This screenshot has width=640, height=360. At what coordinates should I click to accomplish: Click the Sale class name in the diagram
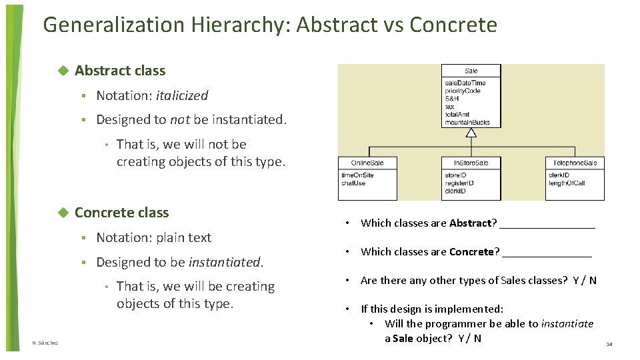(471, 71)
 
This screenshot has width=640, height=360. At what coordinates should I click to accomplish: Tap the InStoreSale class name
(471, 163)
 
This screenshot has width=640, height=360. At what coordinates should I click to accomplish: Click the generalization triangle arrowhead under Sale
(471, 132)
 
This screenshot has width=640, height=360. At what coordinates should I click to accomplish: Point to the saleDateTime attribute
(465, 83)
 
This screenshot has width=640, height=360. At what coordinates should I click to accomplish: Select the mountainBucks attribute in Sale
(467, 123)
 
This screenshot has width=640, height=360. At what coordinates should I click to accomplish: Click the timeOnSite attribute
(357, 175)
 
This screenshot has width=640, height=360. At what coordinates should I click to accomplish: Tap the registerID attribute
(459, 183)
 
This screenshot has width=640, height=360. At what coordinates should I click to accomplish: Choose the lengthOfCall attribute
(567, 183)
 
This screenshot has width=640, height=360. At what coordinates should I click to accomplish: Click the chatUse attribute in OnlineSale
(353, 183)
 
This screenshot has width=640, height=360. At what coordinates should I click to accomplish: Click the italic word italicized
(182, 96)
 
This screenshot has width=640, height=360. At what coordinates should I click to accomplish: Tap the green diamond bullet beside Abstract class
(63, 71)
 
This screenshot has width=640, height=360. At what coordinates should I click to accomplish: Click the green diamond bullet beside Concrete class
(63, 213)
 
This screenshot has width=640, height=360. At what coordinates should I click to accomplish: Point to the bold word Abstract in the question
(470, 223)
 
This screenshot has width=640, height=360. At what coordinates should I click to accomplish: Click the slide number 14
(609, 344)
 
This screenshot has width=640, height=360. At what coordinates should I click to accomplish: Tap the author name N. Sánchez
(45, 343)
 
